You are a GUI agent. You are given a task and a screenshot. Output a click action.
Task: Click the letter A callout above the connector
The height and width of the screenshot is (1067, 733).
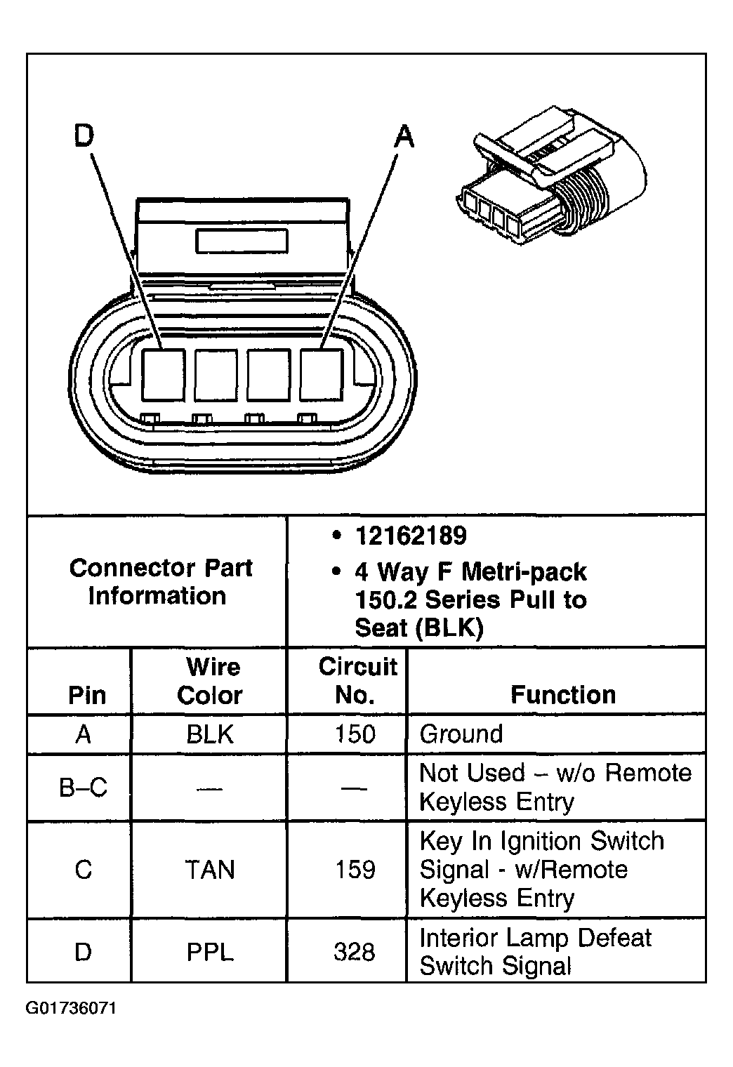pyautogui.click(x=404, y=136)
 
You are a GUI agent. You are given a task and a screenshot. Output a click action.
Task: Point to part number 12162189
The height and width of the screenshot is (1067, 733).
pyautogui.click(x=410, y=536)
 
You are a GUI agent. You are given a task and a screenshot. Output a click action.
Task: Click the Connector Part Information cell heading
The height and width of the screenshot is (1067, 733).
pyautogui.click(x=160, y=581)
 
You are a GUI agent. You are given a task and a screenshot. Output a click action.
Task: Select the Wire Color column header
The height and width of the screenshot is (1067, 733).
pyautogui.click(x=210, y=681)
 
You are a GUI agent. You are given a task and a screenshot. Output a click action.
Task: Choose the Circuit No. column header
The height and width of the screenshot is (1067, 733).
pyautogui.click(x=357, y=681)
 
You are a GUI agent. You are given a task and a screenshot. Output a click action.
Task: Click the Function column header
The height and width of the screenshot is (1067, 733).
pyautogui.click(x=562, y=695)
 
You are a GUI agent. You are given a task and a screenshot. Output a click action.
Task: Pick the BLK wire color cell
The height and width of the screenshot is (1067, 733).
pyautogui.click(x=210, y=734)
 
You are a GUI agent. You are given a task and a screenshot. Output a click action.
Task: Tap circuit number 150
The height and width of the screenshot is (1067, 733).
pyautogui.click(x=355, y=734)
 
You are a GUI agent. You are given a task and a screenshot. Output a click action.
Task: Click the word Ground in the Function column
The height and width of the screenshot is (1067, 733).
pyautogui.click(x=461, y=734)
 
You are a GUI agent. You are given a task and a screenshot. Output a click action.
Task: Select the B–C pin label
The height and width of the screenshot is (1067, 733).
pyautogui.click(x=83, y=788)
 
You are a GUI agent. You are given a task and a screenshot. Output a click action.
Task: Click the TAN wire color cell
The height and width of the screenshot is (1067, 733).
pyautogui.click(x=210, y=870)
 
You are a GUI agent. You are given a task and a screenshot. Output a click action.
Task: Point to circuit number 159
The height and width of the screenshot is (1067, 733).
pyautogui.click(x=355, y=870)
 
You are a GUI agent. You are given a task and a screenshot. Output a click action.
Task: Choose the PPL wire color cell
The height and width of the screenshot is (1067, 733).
pyautogui.click(x=210, y=952)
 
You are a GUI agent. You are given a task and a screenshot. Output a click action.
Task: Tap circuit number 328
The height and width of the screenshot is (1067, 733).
pyautogui.click(x=355, y=952)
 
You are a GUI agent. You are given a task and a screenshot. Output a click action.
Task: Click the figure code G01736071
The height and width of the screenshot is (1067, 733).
pyautogui.click(x=72, y=1009)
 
